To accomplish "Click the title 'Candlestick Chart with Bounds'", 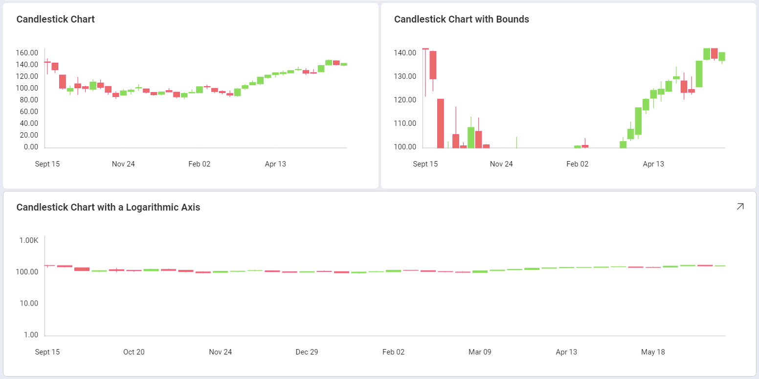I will coord(461,20).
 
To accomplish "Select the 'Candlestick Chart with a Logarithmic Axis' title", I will coord(108,207).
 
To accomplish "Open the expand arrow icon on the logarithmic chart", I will coord(740,207).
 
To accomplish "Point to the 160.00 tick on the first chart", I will coord(27,53).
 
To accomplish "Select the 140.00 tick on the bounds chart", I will coord(405,53).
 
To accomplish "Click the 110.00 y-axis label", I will coord(405,123).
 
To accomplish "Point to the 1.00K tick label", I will coord(29,240).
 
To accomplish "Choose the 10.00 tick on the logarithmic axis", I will coord(29,304).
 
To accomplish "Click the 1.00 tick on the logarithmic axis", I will coord(30,335).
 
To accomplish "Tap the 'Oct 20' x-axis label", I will coord(134,352).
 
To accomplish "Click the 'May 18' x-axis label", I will coord(652,352).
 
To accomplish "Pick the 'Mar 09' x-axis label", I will coord(480,352).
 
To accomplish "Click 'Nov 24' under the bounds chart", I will coord(501,164).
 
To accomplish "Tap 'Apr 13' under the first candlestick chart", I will coord(275,164).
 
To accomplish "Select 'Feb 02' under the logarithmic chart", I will coord(394,352).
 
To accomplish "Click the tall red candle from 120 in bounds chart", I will coord(440,123).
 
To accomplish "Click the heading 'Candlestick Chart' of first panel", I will coord(55,20).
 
